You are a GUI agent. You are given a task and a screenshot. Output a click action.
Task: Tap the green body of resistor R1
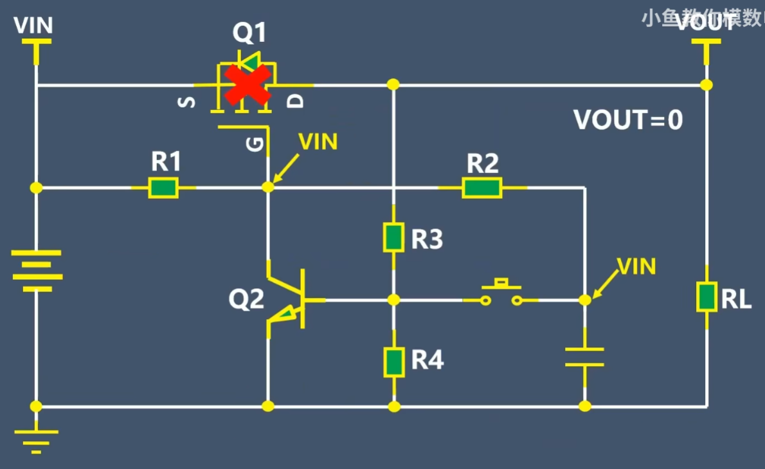[163, 188]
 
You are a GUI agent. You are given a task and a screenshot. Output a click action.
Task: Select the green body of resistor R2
[482, 188]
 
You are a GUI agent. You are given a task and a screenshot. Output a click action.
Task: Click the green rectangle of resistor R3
[394, 237]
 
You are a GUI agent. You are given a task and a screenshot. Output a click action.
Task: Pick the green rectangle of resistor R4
[394, 362]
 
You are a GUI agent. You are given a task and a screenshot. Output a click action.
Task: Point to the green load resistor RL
[706, 297]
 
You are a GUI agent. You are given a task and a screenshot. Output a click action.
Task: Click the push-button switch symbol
[501, 293]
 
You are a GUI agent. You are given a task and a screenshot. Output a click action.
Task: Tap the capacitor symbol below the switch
[584, 357]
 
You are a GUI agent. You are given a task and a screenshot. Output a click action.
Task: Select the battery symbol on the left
[37, 270]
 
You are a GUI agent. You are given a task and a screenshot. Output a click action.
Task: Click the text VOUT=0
[628, 120]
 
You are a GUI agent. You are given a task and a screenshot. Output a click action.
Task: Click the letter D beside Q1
[294, 101]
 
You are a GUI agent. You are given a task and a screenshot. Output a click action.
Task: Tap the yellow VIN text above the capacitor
[636, 266]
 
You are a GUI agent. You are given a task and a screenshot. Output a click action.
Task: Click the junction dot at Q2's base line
[394, 300]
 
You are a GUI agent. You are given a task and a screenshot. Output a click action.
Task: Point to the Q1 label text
[249, 33]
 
